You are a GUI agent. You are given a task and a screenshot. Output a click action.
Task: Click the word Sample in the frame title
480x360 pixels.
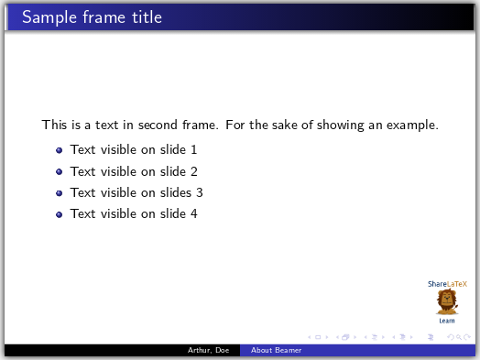48,17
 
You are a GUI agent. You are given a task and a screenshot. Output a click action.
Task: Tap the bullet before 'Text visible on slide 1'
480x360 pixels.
59,150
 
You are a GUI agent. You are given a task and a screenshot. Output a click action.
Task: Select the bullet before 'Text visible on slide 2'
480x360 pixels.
59,171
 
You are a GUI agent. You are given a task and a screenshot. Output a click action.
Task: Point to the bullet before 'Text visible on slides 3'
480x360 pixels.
59,193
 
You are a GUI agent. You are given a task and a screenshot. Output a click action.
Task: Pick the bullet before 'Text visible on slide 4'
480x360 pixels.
59,214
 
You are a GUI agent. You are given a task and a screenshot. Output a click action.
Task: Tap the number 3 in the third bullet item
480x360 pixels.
199,192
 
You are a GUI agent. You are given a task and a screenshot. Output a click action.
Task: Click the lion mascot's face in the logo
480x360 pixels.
447,300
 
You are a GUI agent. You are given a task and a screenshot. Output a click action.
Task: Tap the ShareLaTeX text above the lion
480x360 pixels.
447,284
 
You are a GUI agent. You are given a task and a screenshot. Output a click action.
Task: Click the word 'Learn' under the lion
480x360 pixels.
447,321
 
